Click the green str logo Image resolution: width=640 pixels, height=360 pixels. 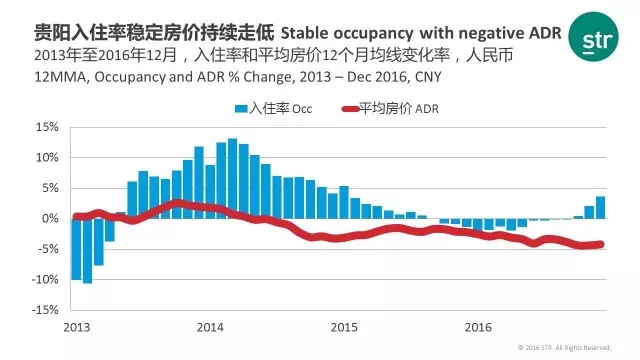(x=593, y=36)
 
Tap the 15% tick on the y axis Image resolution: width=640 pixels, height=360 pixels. (x=47, y=127)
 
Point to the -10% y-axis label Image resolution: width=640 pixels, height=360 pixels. (x=45, y=280)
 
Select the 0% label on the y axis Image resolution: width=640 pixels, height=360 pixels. (x=50, y=218)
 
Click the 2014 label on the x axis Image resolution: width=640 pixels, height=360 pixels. (x=210, y=327)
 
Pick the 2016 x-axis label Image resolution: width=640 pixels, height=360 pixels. (x=478, y=327)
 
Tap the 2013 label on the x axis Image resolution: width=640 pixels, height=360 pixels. (x=77, y=327)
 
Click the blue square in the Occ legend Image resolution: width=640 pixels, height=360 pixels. (x=241, y=109)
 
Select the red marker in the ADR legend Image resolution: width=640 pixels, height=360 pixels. (x=350, y=109)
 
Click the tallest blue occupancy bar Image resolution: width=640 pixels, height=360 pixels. (x=232, y=178)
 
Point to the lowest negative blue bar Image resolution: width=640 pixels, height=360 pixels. (x=87, y=251)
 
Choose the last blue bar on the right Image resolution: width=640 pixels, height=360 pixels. (x=600, y=208)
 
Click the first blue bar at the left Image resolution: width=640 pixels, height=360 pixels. (x=76, y=249)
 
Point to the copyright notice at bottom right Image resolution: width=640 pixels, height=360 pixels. (x=564, y=348)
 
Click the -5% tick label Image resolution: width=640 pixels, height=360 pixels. (x=47, y=249)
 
